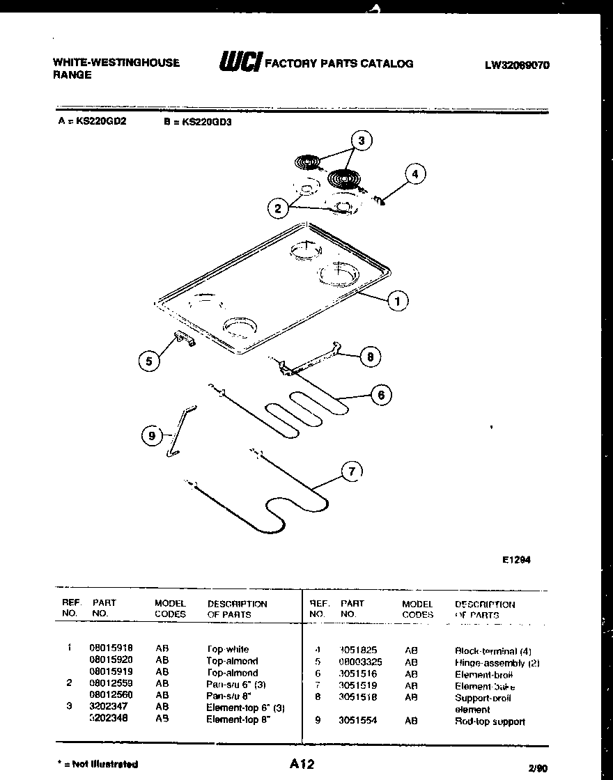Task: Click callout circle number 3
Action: point(361,141)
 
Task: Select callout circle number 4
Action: point(415,173)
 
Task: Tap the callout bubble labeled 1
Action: point(397,302)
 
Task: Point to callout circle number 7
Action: point(352,472)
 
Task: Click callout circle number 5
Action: point(148,361)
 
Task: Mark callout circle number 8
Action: point(370,357)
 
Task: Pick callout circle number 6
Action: point(380,396)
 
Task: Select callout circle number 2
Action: point(277,208)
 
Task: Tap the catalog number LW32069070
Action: point(517,66)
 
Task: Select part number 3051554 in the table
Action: point(357,721)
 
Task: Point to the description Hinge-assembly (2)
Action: point(497,663)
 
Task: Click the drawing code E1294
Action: point(516,559)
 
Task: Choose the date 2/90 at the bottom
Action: point(538,767)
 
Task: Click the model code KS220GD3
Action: point(206,120)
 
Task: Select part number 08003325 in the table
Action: point(360,662)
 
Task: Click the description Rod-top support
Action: point(490,721)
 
